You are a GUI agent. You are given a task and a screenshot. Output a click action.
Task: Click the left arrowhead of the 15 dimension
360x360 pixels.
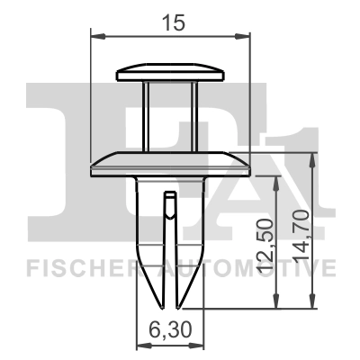(x=98, y=36)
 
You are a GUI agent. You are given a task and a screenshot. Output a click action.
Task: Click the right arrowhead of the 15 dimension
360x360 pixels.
(x=244, y=36)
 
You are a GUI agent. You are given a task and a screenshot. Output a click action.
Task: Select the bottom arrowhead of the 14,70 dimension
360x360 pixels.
(x=311, y=305)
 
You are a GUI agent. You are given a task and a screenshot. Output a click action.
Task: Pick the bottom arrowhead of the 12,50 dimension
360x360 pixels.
(x=274, y=305)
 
